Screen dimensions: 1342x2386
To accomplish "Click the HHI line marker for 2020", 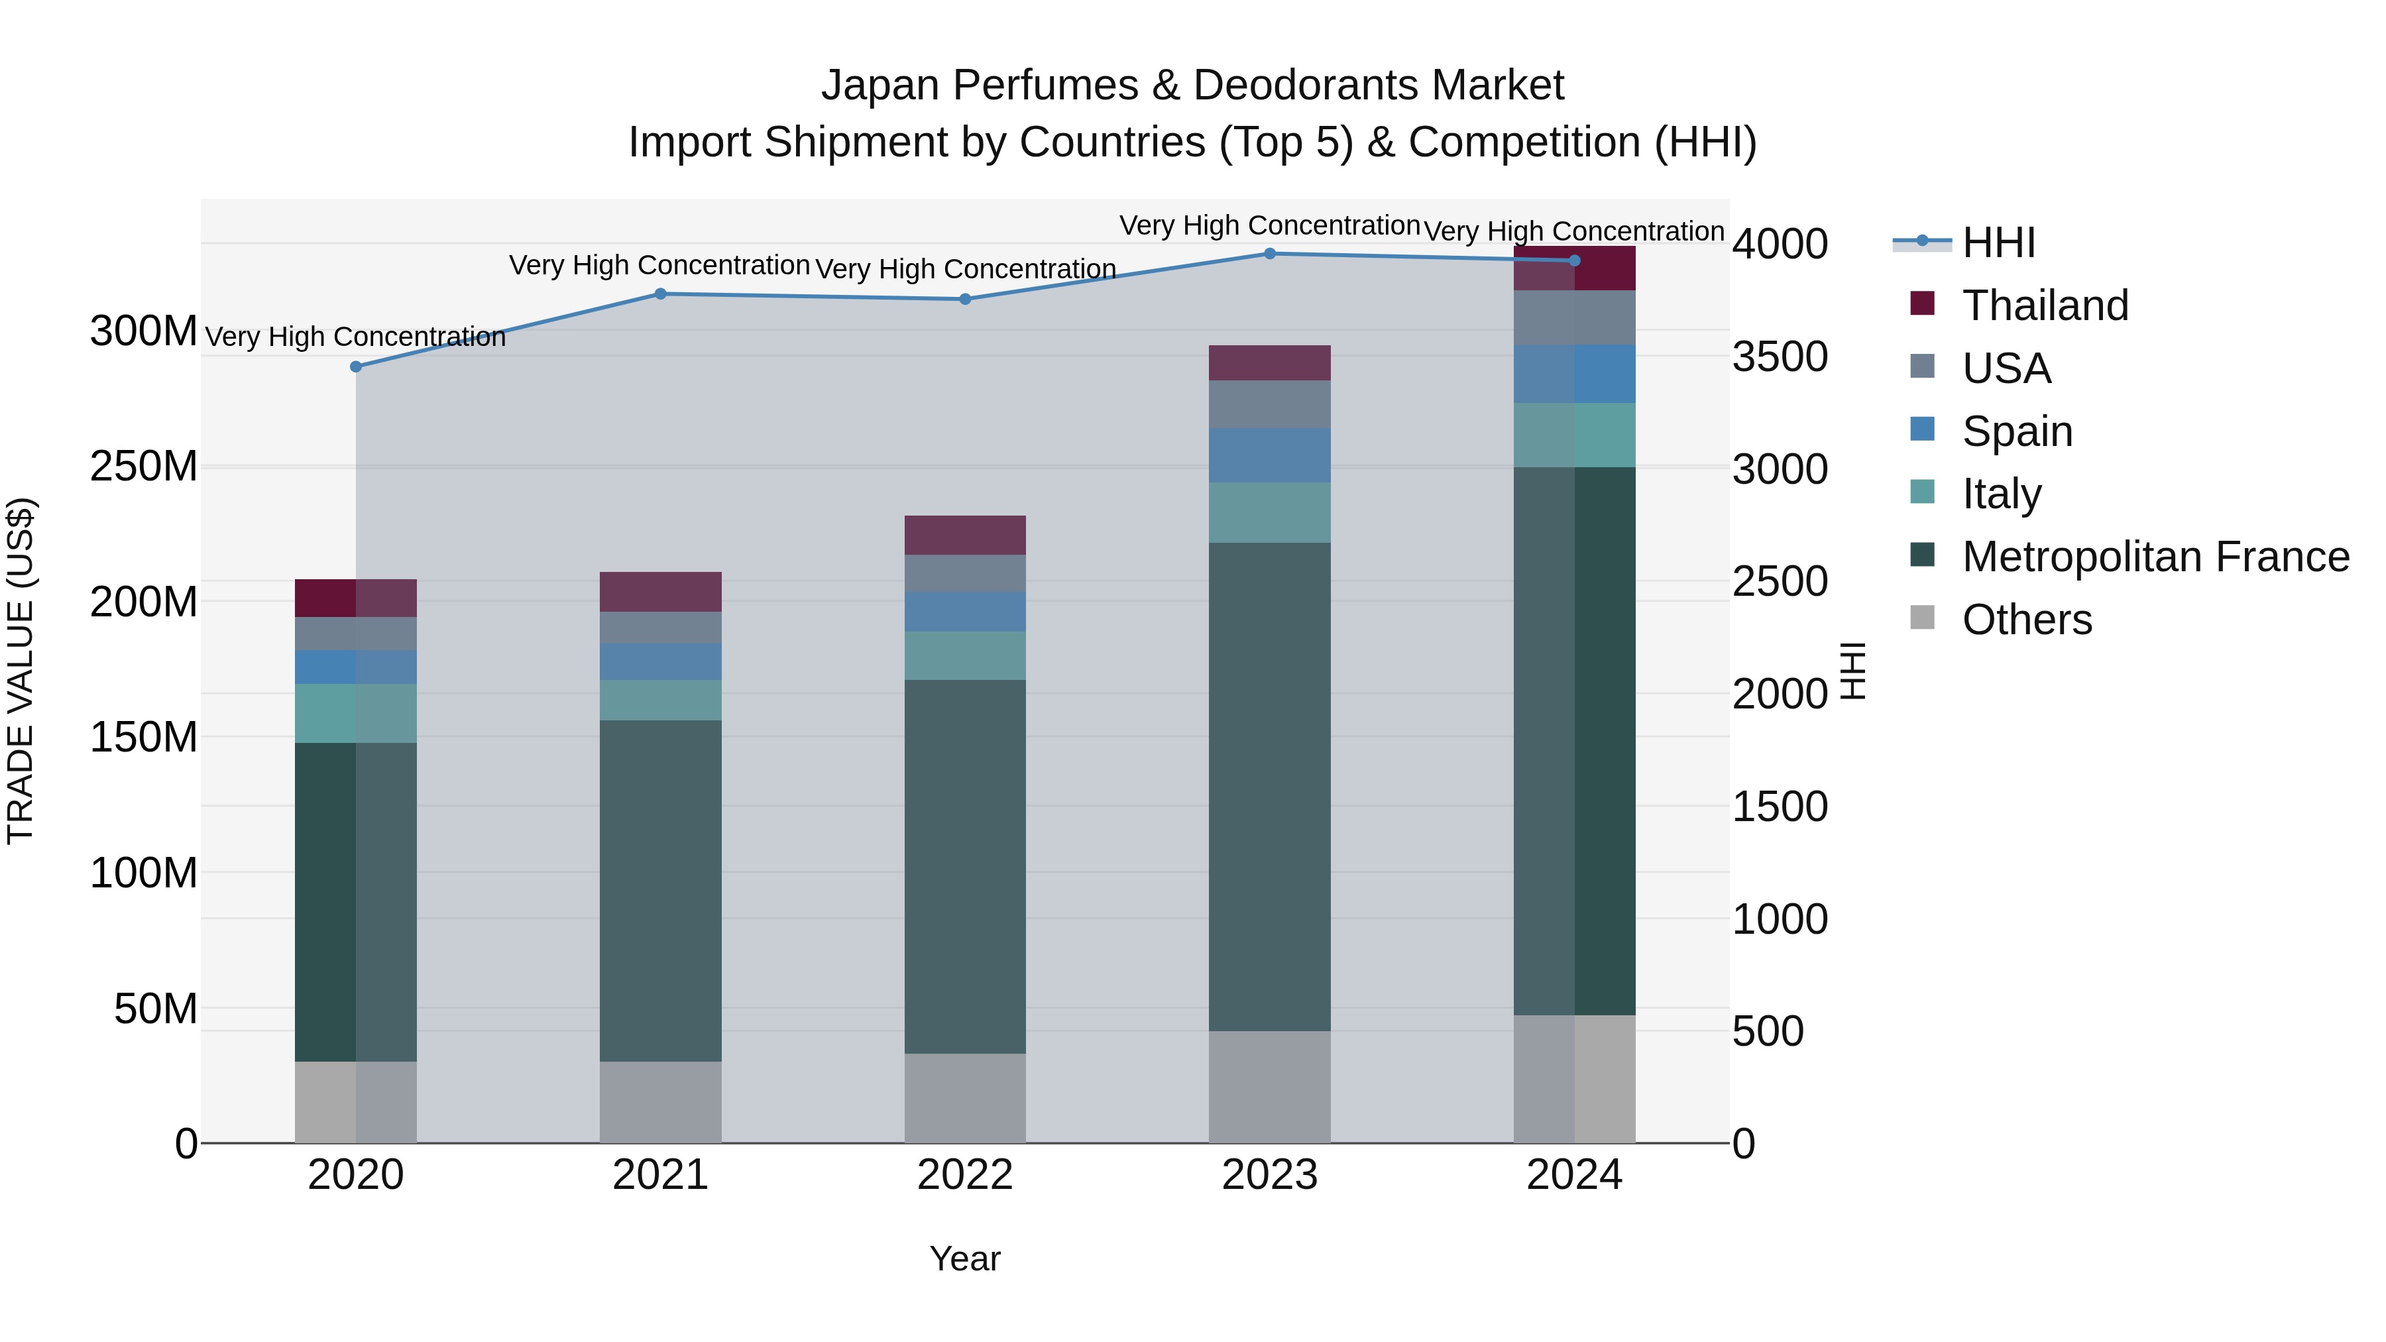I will coord(356,366).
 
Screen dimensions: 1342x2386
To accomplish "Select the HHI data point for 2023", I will coord(1270,254).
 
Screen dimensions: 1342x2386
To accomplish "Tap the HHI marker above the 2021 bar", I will coord(660,294).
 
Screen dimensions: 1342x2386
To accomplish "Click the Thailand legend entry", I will coord(2045,306).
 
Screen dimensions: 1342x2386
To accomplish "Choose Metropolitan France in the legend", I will coord(2155,557).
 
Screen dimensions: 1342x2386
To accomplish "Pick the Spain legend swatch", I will coord(1923,429).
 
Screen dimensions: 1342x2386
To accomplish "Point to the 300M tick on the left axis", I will coord(144,331).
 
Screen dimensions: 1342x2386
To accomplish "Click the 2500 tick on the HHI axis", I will coord(1780,582).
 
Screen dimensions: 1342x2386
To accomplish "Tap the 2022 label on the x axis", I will coord(965,1175).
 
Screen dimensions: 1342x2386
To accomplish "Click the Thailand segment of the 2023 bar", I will coord(1270,363).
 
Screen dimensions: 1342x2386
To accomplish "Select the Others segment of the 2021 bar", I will coord(660,1102).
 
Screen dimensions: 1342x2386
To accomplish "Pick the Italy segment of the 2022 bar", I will coord(965,655).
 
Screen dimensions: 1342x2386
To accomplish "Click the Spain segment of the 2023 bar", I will coord(1270,455).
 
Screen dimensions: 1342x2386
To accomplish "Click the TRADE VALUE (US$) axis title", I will coord(21,671).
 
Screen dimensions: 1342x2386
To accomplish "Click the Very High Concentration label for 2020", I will coord(356,337).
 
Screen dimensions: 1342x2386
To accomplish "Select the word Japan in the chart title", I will coord(880,85).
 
